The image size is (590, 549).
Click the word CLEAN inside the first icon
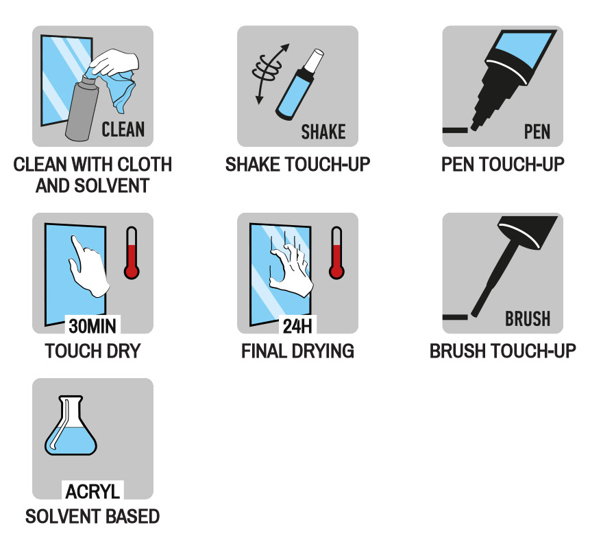(x=123, y=129)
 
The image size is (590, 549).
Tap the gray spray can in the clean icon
(x=82, y=108)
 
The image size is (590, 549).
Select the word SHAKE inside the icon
(x=323, y=132)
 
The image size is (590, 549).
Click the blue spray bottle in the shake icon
(x=299, y=85)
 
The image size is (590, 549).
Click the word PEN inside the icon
(x=537, y=132)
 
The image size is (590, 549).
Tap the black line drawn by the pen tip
(x=455, y=130)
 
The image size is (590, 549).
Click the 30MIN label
(x=93, y=325)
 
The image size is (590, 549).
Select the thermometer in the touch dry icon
(x=132, y=253)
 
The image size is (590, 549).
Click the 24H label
(x=297, y=325)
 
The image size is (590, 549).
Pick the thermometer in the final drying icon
(x=336, y=253)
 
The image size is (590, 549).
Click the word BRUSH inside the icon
(x=528, y=319)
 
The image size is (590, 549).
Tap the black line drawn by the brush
(x=455, y=317)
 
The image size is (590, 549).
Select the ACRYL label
(x=93, y=491)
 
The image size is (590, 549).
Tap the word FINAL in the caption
(x=264, y=351)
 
